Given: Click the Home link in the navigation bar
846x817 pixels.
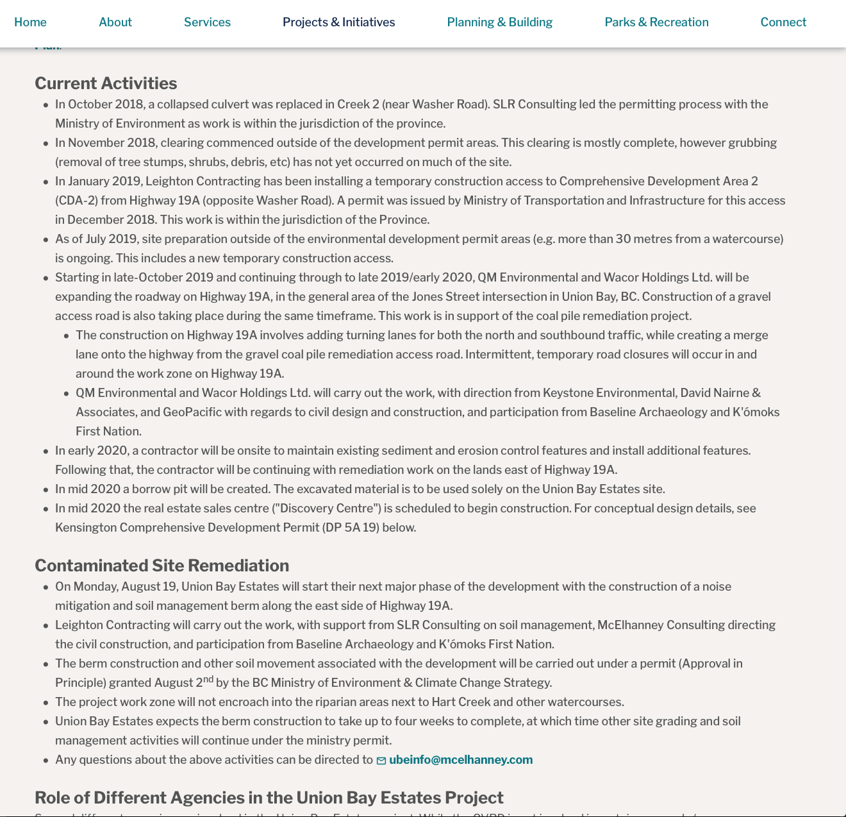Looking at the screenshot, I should [30, 22].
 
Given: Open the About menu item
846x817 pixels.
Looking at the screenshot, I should [115, 22].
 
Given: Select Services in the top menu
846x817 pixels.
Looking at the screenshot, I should [207, 22].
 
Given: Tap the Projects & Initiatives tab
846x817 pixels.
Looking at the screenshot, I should [338, 22].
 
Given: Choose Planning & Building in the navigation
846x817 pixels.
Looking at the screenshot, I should [499, 22].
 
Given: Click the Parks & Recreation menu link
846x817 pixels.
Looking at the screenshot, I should [656, 22].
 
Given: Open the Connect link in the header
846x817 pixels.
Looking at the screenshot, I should [783, 22].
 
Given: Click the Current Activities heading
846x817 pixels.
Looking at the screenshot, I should [106, 83].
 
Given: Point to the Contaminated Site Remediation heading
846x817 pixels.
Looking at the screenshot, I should [162, 566].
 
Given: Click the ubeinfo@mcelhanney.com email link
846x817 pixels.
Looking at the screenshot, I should [461, 760].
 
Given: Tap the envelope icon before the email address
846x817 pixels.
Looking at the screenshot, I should [381, 761].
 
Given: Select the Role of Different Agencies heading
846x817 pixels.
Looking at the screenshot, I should [269, 798].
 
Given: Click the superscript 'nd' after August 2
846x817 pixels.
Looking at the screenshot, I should [208, 679].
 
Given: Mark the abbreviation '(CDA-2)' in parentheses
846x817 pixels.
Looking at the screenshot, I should [76, 201].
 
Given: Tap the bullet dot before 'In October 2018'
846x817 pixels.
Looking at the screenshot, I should [46, 105].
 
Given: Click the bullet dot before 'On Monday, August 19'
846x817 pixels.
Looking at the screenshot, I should [46, 587].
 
